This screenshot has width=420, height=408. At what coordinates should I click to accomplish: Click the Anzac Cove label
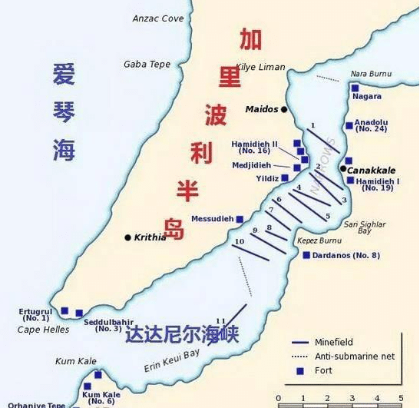pyautogui.click(x=158, y=18)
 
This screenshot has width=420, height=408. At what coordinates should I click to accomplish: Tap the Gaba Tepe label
pyautogui.click(x=147, y=65)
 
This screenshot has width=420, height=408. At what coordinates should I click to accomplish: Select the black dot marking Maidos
pyautogui.click(x=284, y=110)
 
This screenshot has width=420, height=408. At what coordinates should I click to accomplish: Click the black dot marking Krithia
pyautogui.click(x=127, y=237)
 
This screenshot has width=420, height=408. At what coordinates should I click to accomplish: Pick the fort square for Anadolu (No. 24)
pyautogui.click(x=349, y=125)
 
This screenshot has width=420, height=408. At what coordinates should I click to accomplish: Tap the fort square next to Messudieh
pyautogui.click(x=240, y=219)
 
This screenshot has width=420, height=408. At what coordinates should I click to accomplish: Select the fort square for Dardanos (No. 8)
pyautogui.click(x=306, y=255)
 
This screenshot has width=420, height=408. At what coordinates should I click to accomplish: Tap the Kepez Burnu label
pyautogui.click(x=319, y=240)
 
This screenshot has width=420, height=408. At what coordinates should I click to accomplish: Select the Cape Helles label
pyautogui.click(x=43, y=330)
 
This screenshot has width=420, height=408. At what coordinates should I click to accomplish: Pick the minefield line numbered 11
pyautogui.click(x=229, y=322)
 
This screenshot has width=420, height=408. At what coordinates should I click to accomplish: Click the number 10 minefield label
pyautogui.click(x=240, y=242)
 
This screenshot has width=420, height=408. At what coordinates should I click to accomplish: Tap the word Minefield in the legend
pyautogui.click(x=335, y=342)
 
